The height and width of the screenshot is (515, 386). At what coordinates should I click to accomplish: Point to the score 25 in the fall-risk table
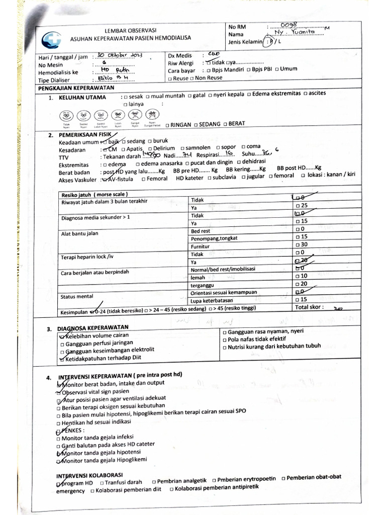[x=304, y=206]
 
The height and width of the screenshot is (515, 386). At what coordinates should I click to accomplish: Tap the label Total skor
[x=310, y=307]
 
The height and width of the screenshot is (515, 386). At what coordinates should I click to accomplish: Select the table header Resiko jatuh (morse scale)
[x=94, y=194]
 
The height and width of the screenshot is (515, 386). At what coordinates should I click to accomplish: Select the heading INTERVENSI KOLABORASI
[x=90, y=475]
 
